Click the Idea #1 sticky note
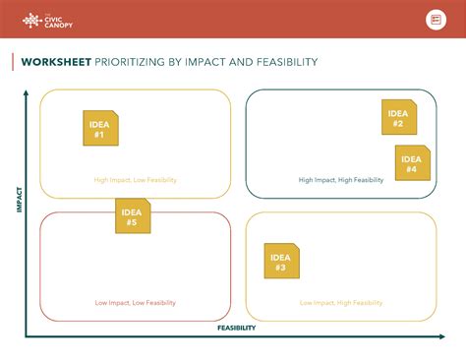point(100,129)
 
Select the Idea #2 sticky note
point(398,117)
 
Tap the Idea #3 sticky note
point(281,261)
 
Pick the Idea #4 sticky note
point(412,162)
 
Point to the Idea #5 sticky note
point(133,216)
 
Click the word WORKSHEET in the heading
point(57,62)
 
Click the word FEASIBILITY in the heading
point(285,62)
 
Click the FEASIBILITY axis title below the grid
point(236,328)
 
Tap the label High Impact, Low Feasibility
point(136,180)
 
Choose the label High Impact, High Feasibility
point(341,180)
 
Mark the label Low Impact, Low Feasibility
point(136,303)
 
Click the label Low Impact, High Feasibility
point(341,303)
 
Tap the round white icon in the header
point(436,20)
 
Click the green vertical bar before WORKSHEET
point(13,62)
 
